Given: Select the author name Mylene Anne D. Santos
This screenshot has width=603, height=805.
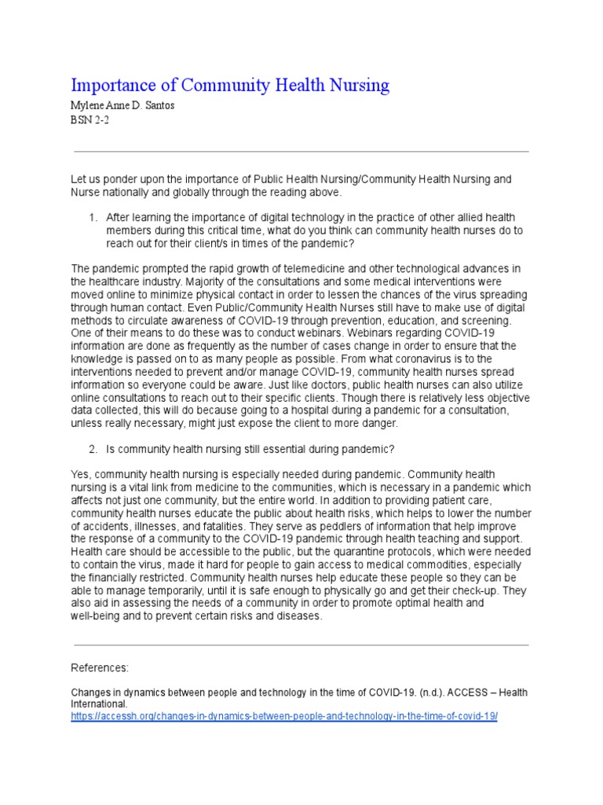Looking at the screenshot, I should pos(123,106).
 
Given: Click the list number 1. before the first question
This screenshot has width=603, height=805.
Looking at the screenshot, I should pos(93,216).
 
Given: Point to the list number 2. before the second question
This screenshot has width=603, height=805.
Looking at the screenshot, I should pos(93,449).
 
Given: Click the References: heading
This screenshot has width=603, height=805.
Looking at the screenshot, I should pos(100,668).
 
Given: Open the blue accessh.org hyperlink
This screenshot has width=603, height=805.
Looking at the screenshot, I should pos(284,718).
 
